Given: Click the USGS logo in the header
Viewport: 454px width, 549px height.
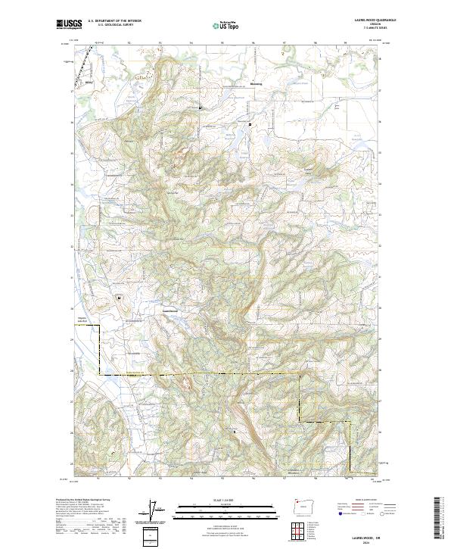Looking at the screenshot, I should coord(67,24).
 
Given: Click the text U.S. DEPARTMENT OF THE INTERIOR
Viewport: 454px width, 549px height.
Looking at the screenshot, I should coord(114,21).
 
